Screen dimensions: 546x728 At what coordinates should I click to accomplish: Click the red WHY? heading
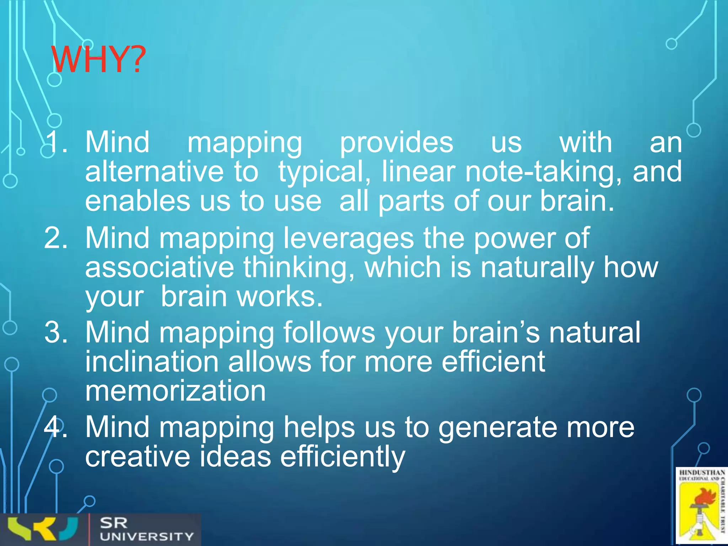tap(98, 59)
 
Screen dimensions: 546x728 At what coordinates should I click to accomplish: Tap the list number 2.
tap(55, 238)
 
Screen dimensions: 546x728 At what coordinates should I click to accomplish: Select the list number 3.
tap(55, 332)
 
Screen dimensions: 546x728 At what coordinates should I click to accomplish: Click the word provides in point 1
tap(396, 143)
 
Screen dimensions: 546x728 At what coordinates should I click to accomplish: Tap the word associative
tap(160, 267)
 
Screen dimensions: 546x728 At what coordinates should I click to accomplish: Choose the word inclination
tap(152, 362)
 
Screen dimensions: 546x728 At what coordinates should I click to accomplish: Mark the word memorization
tap(175, 391)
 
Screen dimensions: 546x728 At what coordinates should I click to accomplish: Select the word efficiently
tap(342, 457)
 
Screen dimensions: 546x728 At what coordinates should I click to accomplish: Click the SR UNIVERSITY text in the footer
tap(146, 530)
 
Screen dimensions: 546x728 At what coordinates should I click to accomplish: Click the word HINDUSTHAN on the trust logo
tap(702, 473)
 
